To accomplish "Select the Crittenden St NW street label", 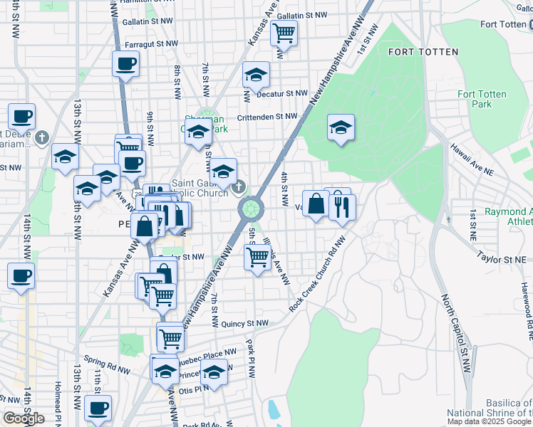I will click(x=266, y=116).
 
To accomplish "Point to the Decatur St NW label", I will click(x=281, y=93).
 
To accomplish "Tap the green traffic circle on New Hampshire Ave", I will click(x=251, y=209).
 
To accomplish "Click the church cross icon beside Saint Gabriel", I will click(x=239, y=187).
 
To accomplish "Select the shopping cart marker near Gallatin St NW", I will click(x=284, y=32).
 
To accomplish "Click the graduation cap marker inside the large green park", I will click(x=341, y=127).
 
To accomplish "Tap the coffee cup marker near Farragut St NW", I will click(x=125, y=64).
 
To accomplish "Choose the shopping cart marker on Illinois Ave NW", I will click(x=257, y=256).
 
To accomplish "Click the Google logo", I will click(x=24, y=418).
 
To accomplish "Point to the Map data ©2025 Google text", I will click(x=490, y=421).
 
